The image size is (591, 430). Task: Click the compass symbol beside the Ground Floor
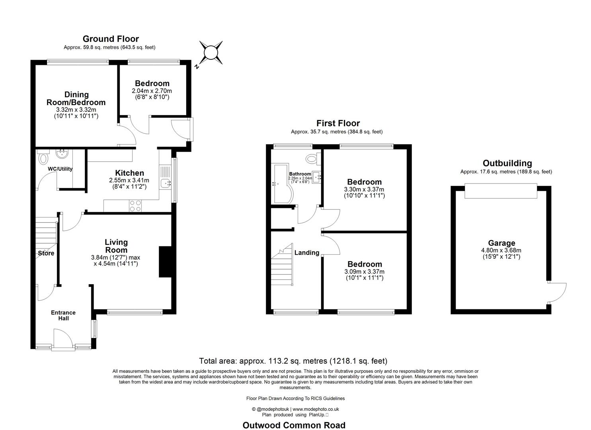[211, 53]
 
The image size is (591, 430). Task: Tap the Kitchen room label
[130, 173]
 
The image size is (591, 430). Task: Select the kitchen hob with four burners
[135, 206]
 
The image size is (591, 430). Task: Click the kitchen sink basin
[166, 182]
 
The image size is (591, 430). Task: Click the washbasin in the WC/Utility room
[62, 154]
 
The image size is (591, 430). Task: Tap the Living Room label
[116, 246]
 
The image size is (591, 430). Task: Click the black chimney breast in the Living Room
[166, 262]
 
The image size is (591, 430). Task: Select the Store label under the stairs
[46, 253]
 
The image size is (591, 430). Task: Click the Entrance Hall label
[63, 315]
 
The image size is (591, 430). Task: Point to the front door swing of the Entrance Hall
[63, 338]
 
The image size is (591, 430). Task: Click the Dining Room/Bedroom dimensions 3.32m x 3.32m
[76, 109]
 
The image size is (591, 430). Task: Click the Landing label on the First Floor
[306, 252]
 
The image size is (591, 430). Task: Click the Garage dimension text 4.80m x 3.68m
[501, 250]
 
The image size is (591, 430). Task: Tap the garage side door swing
[557, 293]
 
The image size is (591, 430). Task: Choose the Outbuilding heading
[507, 163]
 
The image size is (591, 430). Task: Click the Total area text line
[293, 361]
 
